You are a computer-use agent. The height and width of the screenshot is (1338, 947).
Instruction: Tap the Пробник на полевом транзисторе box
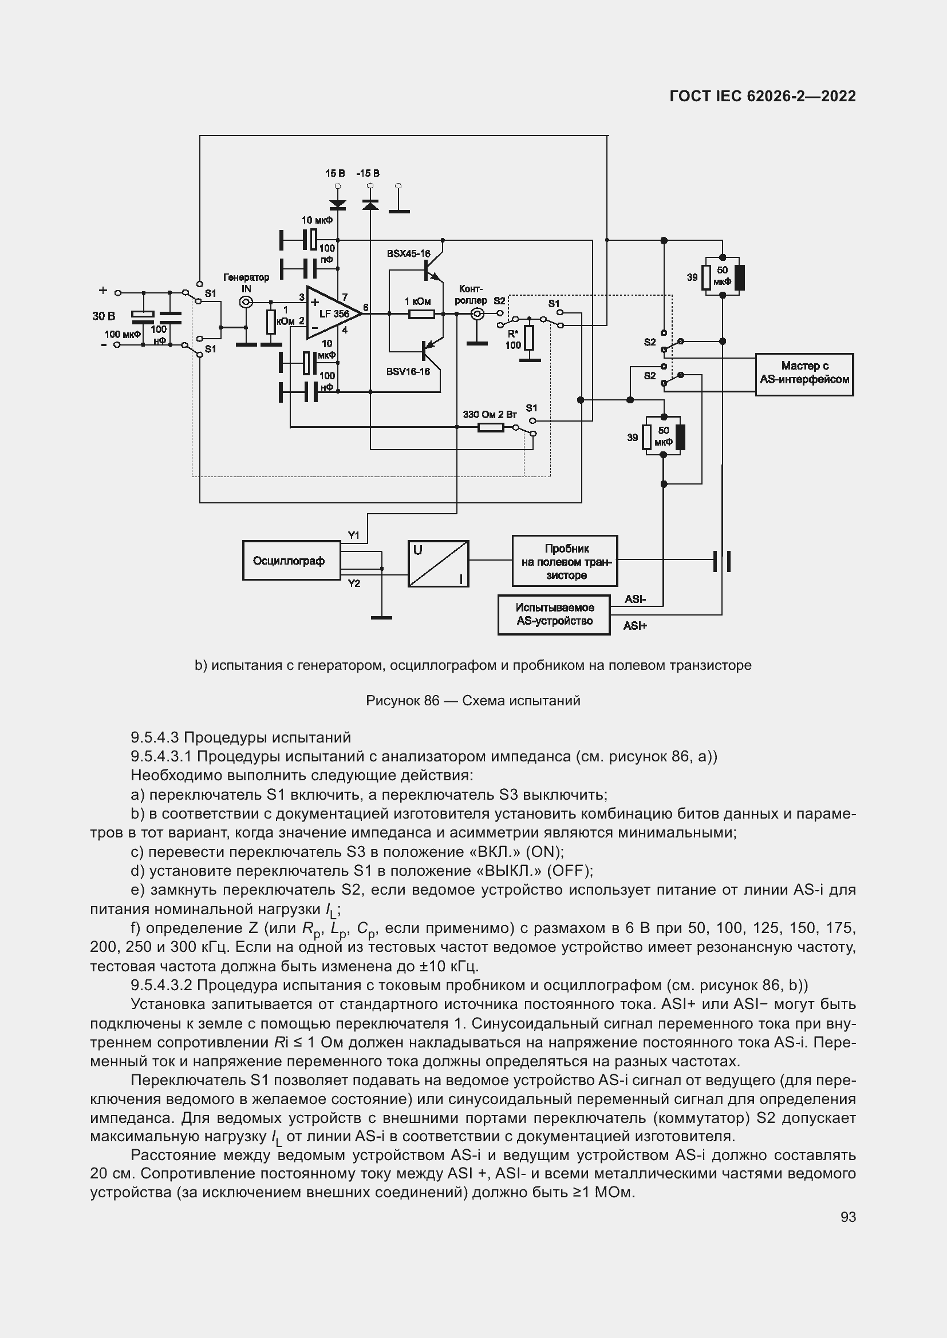click(x=565, y=561)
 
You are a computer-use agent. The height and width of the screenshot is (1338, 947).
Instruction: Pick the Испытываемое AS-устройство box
click(x=554, y=615)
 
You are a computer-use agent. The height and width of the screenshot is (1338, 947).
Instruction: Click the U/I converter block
click(x=438, y=563)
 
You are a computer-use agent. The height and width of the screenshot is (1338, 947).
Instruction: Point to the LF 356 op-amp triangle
click(x=330, y=313)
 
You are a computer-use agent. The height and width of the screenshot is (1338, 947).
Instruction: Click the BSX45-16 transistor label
click(x=408, y=253)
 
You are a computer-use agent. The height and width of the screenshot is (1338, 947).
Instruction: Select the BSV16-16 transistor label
click(x=408, y=372)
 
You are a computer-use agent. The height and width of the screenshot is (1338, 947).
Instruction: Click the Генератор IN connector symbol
click(x=246, y=302)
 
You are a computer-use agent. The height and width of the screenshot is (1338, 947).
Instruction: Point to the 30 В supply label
click(x=104, y=316)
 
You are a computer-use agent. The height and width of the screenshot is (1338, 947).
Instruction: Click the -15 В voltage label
click(x=368, y=174)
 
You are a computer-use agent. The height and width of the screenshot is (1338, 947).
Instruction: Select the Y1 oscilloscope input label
click(x=353, y=535)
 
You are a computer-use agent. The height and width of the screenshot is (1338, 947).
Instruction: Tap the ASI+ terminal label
click(x=635, y=626)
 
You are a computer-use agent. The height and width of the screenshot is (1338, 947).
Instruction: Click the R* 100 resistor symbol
click(x=529, y=338)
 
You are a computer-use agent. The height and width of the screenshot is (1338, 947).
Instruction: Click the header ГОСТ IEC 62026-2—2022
click(x=762, y=97)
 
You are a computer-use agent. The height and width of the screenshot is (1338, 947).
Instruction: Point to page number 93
click(x=848, y=1217)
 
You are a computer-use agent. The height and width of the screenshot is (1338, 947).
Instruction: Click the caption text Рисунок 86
click(x=403, y=701)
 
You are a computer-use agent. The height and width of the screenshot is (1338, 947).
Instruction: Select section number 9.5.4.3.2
click(x=161, y=986)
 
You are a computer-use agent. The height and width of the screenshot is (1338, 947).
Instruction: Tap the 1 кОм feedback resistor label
click(x=417, y=301)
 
